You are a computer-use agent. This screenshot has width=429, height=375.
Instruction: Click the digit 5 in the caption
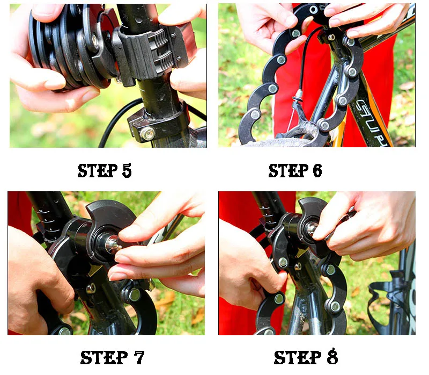click(x=127, y=170)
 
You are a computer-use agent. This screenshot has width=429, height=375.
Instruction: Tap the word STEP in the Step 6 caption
click(x=289, y=171)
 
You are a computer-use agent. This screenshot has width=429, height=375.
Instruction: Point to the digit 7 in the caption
click(x=139, y=357)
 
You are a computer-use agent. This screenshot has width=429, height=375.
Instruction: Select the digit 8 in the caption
click(x=332, y=357)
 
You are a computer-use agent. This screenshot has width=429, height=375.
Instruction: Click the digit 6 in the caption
click(x=317, y=171)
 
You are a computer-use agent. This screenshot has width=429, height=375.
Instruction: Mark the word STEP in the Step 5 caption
click(x=98, y=170)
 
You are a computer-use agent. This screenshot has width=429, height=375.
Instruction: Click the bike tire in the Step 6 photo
click(x=276, y=143)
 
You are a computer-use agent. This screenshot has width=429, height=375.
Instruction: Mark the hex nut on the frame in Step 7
click(x=91, y=289)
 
